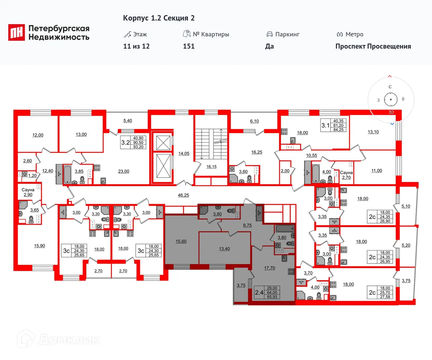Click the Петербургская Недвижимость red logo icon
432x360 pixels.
(x=17, y=32)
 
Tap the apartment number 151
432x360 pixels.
(x=189, y=46)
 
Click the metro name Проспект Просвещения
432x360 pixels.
(x=373, y=46)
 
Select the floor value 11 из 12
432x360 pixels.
(x=136, y=46)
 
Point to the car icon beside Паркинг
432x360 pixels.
(x=269, y=34)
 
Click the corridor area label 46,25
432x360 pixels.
(x=183, y=195)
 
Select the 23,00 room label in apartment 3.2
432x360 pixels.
(x=123, y=171)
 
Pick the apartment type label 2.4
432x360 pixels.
(x=258, y=293)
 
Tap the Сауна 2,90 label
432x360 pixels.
(x=28, y=192)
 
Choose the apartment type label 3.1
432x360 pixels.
(x=325, y=125)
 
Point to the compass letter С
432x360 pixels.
(x=390, y=87)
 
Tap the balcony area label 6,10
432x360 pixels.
(x=254, y=121)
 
